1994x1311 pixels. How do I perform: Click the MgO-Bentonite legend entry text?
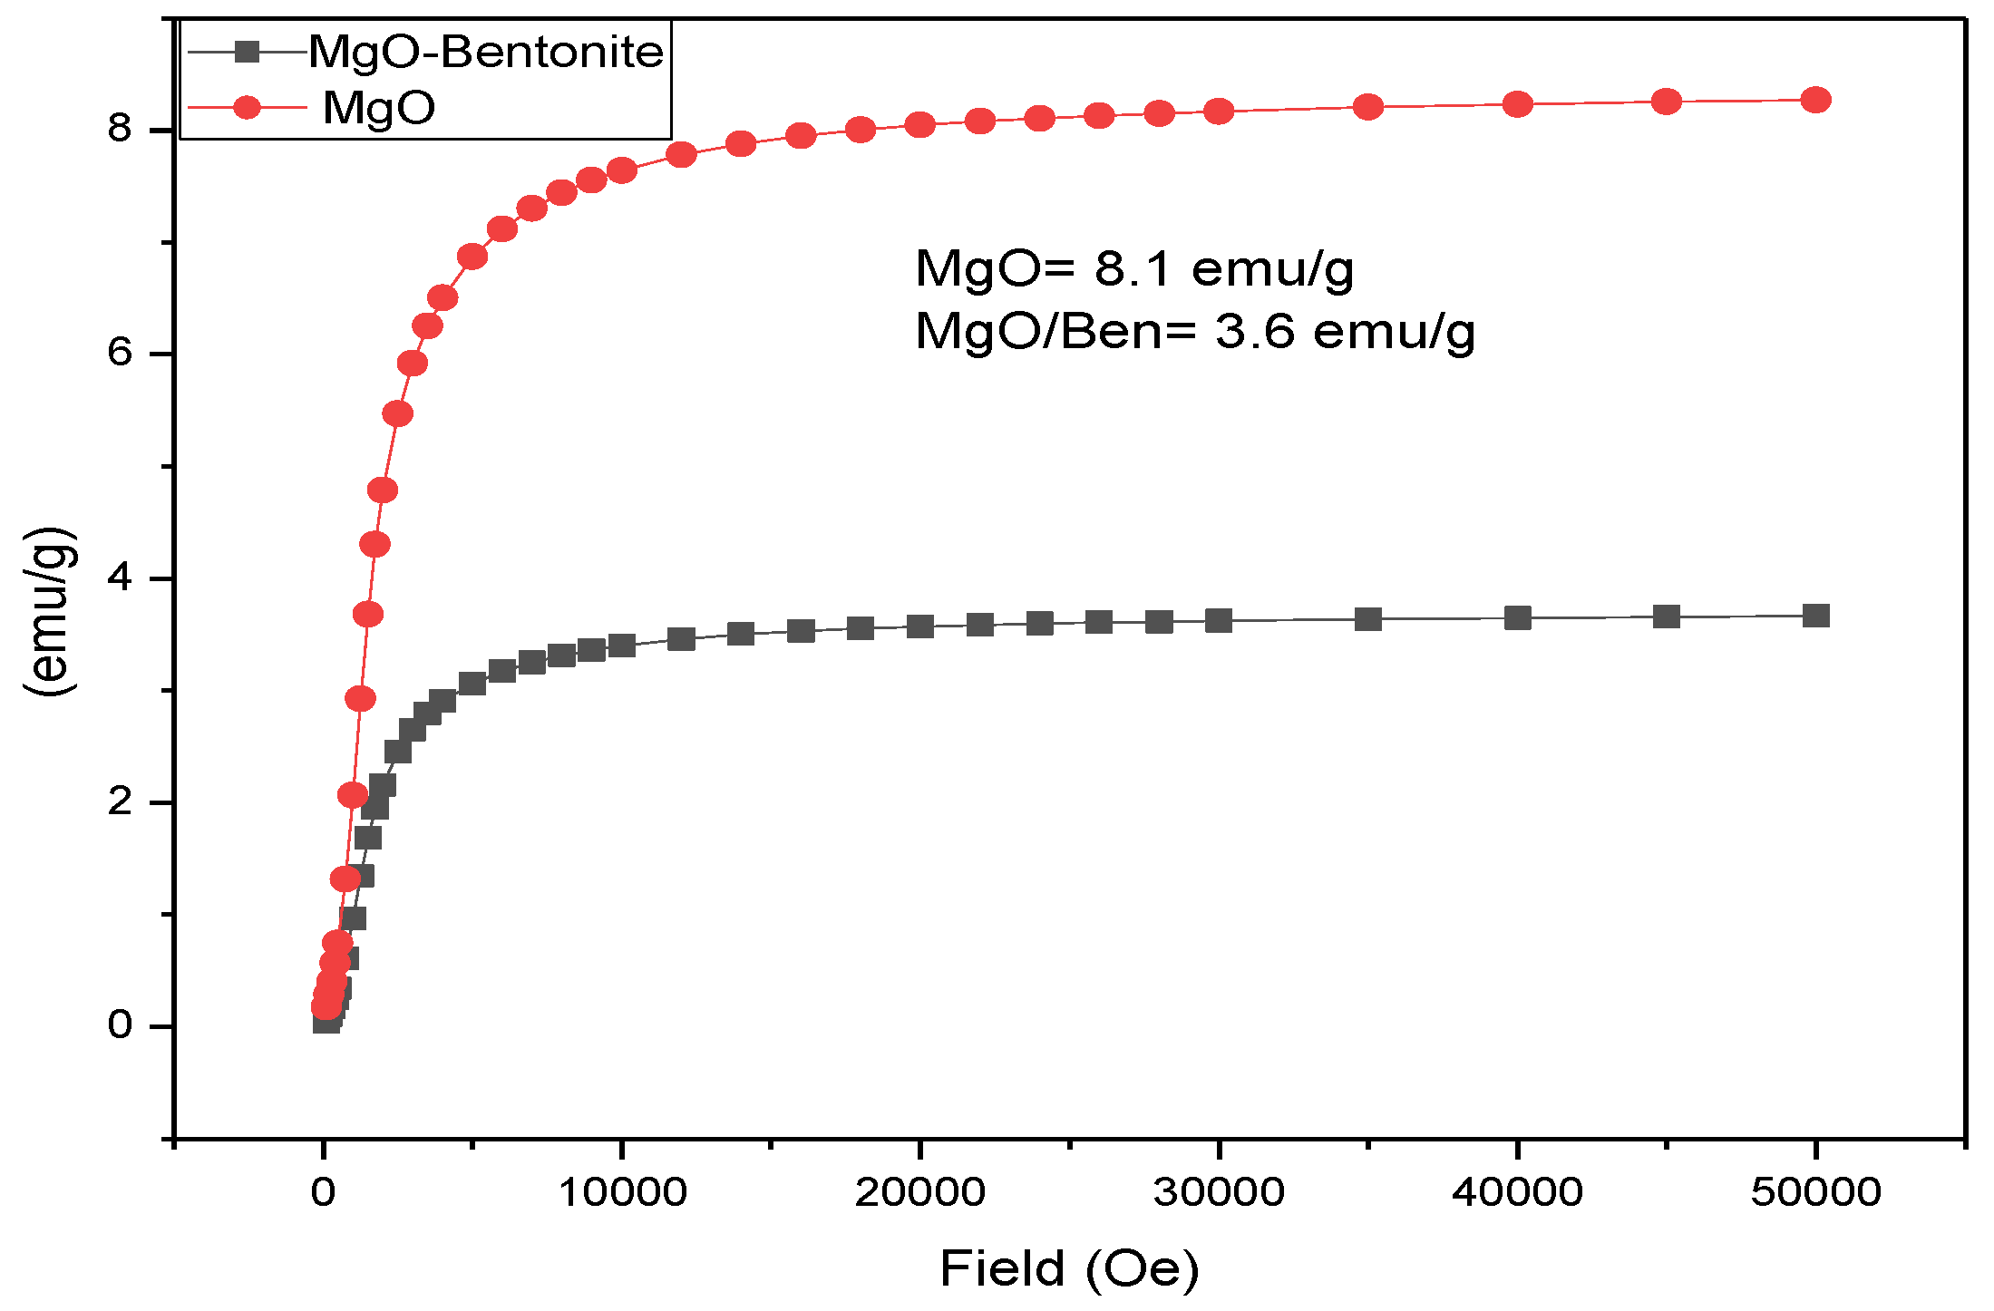point(486,52)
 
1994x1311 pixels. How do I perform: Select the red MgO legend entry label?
point(379,108)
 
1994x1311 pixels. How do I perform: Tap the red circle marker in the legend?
point(247,108)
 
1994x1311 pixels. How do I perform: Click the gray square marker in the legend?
point(247,52)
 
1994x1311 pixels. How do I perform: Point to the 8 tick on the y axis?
point(120,129)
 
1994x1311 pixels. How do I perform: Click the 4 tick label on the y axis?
point(120,578)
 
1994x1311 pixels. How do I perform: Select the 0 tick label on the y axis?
point(120,1025)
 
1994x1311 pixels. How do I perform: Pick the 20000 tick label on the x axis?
point(919,1192)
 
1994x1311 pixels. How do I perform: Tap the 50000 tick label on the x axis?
point(1815,1192)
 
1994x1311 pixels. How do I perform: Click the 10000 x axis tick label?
point(621,1192)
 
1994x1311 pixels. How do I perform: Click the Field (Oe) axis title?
point(1069,1268)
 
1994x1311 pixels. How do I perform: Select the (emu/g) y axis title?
point(50,611)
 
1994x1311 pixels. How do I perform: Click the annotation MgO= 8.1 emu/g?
point(1134,268)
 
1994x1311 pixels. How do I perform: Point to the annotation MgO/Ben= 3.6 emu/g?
point(1195,331)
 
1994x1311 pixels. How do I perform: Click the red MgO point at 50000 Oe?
point(1815,100)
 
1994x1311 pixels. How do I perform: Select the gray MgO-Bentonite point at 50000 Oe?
point(1815,616)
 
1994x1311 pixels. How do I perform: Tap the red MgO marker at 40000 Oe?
point(1517,104)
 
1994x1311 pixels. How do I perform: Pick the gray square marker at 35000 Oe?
point(1367,619)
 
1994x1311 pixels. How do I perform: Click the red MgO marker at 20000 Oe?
point(920,124)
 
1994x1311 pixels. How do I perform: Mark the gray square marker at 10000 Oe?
point(621,646)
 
